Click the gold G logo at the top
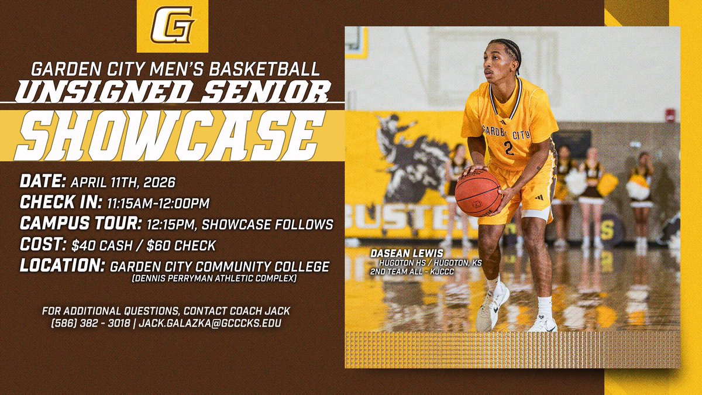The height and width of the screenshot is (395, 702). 172,27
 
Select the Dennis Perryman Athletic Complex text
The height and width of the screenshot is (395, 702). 214,279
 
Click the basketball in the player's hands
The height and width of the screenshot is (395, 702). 478,193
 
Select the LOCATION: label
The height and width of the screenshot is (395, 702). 62,266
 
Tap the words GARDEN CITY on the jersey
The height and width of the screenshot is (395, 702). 506,130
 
